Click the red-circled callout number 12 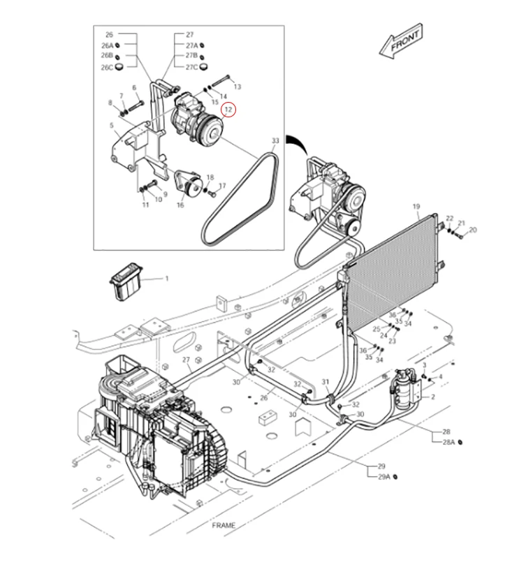[x=228, y=109]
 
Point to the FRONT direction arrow [x=401, y=42]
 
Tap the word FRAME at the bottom [x=223, y=525]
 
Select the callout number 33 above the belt [x=275, y=140]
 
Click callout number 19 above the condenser [x=416, y=207]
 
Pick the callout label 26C [x=107, y=67]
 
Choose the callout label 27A [x=192, y=46]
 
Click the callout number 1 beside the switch [x=167, y=279]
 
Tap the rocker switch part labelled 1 [x=126, y=286]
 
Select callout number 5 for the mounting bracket [x=112, y=125]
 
